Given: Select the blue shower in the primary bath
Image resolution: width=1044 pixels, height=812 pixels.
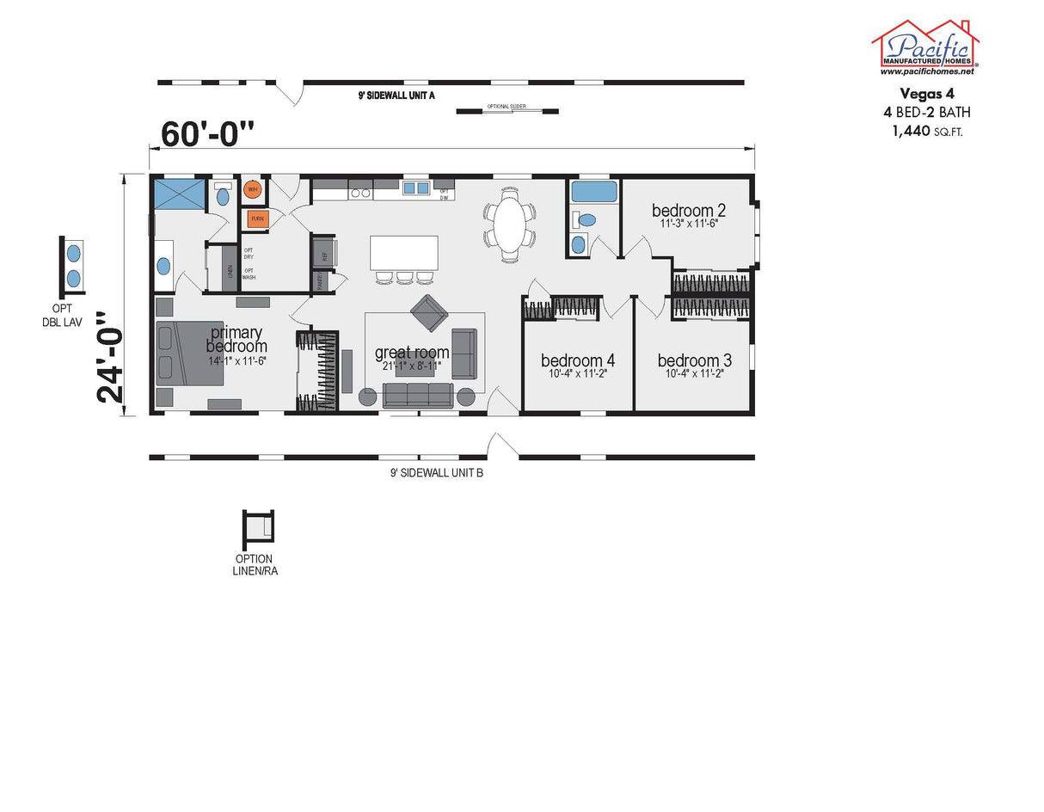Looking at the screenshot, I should (181, 193).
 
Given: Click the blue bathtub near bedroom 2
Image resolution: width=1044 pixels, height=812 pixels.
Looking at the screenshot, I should (594, 191).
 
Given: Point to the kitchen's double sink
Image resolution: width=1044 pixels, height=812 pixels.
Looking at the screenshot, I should (416, 188).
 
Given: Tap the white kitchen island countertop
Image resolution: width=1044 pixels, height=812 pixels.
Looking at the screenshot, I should (404, 253).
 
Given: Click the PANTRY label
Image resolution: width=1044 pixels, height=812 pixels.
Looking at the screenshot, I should (320, 281).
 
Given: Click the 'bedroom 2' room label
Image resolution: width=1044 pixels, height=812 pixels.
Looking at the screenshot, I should (689, 210).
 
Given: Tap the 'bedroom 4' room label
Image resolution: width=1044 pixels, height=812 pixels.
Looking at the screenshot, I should (577, 360).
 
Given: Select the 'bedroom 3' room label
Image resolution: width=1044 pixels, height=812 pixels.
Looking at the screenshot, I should (695, 360).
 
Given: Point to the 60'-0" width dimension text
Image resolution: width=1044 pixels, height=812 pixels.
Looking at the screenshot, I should (208, 133).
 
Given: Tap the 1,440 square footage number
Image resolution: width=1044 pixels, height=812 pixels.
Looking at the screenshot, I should (912, 131).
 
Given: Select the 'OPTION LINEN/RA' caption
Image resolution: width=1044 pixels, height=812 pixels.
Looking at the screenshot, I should (254, 564).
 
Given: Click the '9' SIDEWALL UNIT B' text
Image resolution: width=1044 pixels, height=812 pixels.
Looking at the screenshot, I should (436, 472).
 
